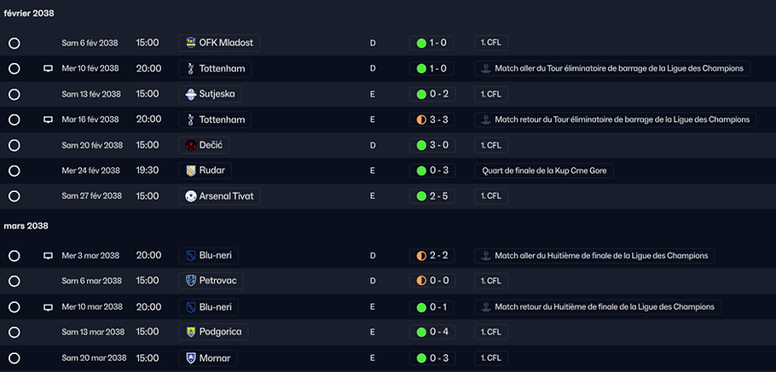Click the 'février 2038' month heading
[x=29, y=14]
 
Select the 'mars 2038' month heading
[x=26, y=226]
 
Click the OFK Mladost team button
[x=219, y=44]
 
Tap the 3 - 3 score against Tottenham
[x=431, y=119]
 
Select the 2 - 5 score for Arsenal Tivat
[x=431, y=196]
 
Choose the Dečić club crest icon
[x=191, y=145]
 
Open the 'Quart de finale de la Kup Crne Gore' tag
[x=544, y=171]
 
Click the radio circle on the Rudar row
[x=14, y=171]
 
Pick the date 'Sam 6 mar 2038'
[x=91, y=281]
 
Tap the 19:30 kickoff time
[x=148, y=171]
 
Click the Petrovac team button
[x=211, y=281]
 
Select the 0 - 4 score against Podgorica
[x=431, y=332]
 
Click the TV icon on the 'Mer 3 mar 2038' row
[x=48, y=256]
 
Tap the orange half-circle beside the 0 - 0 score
[x=421, y=281]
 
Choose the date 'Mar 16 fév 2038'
[x=90, y=119]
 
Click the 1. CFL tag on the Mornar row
[x=491, y=357]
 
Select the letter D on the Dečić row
[x=373, y=145]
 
